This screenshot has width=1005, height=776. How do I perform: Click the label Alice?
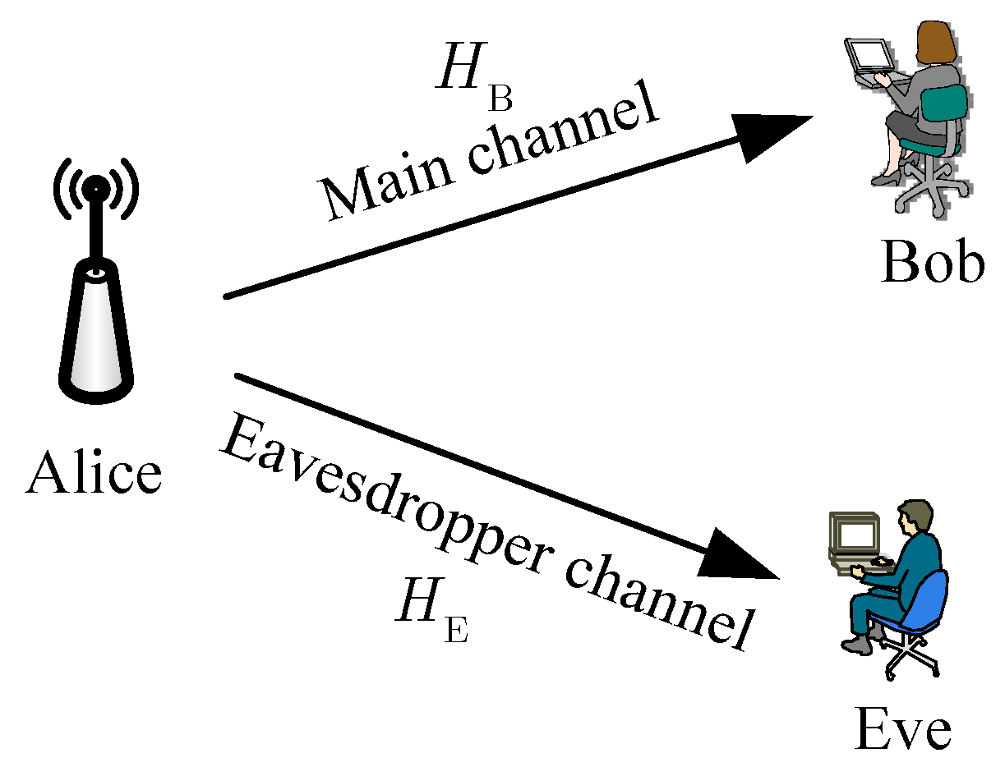(x=93, y=475)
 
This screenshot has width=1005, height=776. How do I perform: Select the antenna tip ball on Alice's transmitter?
(x=95, y=186)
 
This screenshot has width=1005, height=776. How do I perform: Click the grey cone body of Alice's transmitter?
(x=95, y=328)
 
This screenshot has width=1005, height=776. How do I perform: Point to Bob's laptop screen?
(x=869, y=57)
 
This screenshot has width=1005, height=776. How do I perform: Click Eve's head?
(x=915, y=517)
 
